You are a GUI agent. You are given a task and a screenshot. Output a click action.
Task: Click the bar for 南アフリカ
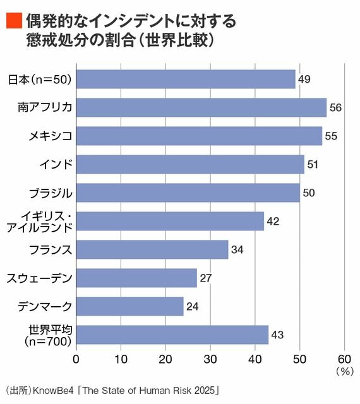point(201,107)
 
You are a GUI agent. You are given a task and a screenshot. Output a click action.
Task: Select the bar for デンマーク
point(129,306)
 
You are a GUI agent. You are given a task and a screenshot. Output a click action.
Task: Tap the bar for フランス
point(152,249)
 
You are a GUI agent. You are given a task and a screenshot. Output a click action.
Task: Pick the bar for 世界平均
point(172,335)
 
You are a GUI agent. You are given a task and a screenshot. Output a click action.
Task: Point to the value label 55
point(332,136)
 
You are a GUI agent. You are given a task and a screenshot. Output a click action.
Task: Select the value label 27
point(207,278)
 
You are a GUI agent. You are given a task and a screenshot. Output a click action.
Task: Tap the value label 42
point(273,221)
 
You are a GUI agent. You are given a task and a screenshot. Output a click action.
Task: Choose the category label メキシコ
point(49,136)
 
